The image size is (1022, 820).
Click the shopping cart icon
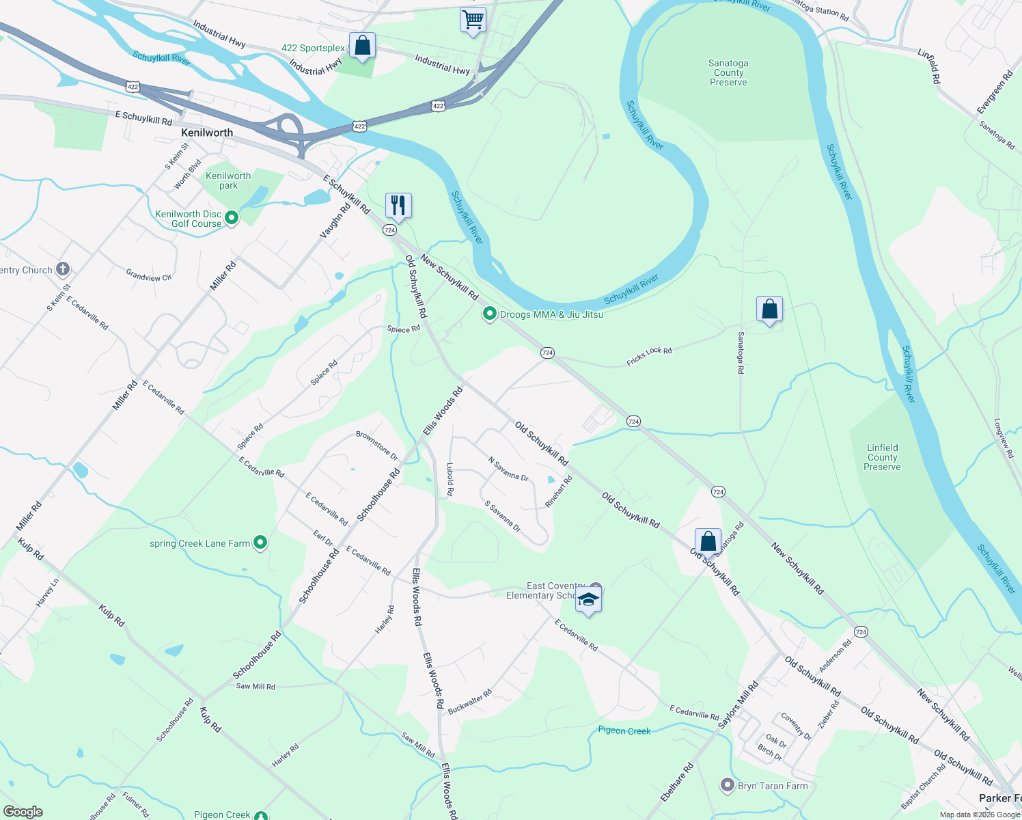coord(473,20)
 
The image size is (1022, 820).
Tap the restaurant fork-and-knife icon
coord(398,205)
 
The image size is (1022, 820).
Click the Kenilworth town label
coord(207,133)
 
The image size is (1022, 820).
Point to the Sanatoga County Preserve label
coord(728,72)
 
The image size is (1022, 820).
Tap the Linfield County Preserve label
coord(882,457)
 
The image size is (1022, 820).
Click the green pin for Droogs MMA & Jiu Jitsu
coord(489,314)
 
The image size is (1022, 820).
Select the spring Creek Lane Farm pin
coord(260,543)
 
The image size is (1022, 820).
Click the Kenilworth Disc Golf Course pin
coord(232,219)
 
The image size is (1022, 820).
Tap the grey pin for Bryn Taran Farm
coord(728,785)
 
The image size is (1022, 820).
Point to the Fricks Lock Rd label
coord(649,356)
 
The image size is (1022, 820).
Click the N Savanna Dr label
coord(508,469)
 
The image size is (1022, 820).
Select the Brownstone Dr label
coord(376,445)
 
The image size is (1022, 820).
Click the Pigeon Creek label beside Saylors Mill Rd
coord(624,730)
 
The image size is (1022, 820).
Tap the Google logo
coord(23,812)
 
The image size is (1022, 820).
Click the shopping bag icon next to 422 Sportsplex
coord(362,46)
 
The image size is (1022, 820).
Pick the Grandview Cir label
coord(149,275)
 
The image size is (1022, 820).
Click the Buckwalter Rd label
coord(470,702)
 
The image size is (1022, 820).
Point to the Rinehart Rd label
coord(558,491)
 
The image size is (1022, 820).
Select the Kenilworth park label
coord(228,180)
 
